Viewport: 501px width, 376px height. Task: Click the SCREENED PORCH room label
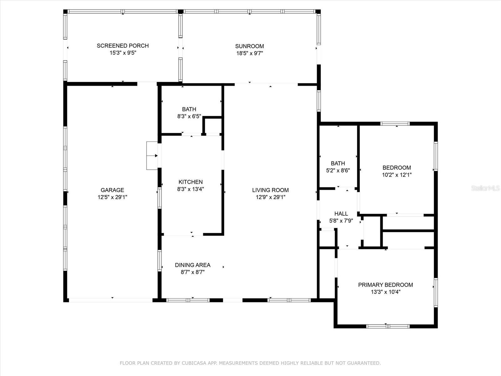pos(123,46)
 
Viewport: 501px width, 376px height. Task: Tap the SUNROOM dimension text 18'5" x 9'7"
pos(250,53)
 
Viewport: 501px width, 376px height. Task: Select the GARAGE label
pos(112,190)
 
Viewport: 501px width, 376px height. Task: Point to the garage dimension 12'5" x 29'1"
pos(112,197)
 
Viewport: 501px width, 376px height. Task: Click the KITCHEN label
pos(191,182)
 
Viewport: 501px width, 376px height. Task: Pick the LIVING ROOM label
pos(271,190)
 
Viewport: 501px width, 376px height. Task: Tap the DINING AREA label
pos(193,265)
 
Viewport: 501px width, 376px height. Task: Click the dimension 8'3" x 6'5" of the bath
pos(189,117)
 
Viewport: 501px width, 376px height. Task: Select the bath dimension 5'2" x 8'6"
pos(338,170)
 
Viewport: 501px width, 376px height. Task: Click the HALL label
pos(341,214)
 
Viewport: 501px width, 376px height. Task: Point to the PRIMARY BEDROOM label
pos(385,285)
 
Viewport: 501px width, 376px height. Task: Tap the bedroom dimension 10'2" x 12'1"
pos(397,175)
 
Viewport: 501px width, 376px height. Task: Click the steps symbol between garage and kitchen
pos(152,156)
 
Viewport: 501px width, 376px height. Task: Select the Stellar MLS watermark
pos(485,188)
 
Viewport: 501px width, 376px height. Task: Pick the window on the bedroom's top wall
pos(395,124)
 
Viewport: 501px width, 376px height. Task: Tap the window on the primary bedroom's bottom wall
pos(388,326)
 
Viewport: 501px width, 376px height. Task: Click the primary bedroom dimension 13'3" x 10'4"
pos(385,292)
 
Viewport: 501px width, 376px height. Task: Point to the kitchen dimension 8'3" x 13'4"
pos(191,189)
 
